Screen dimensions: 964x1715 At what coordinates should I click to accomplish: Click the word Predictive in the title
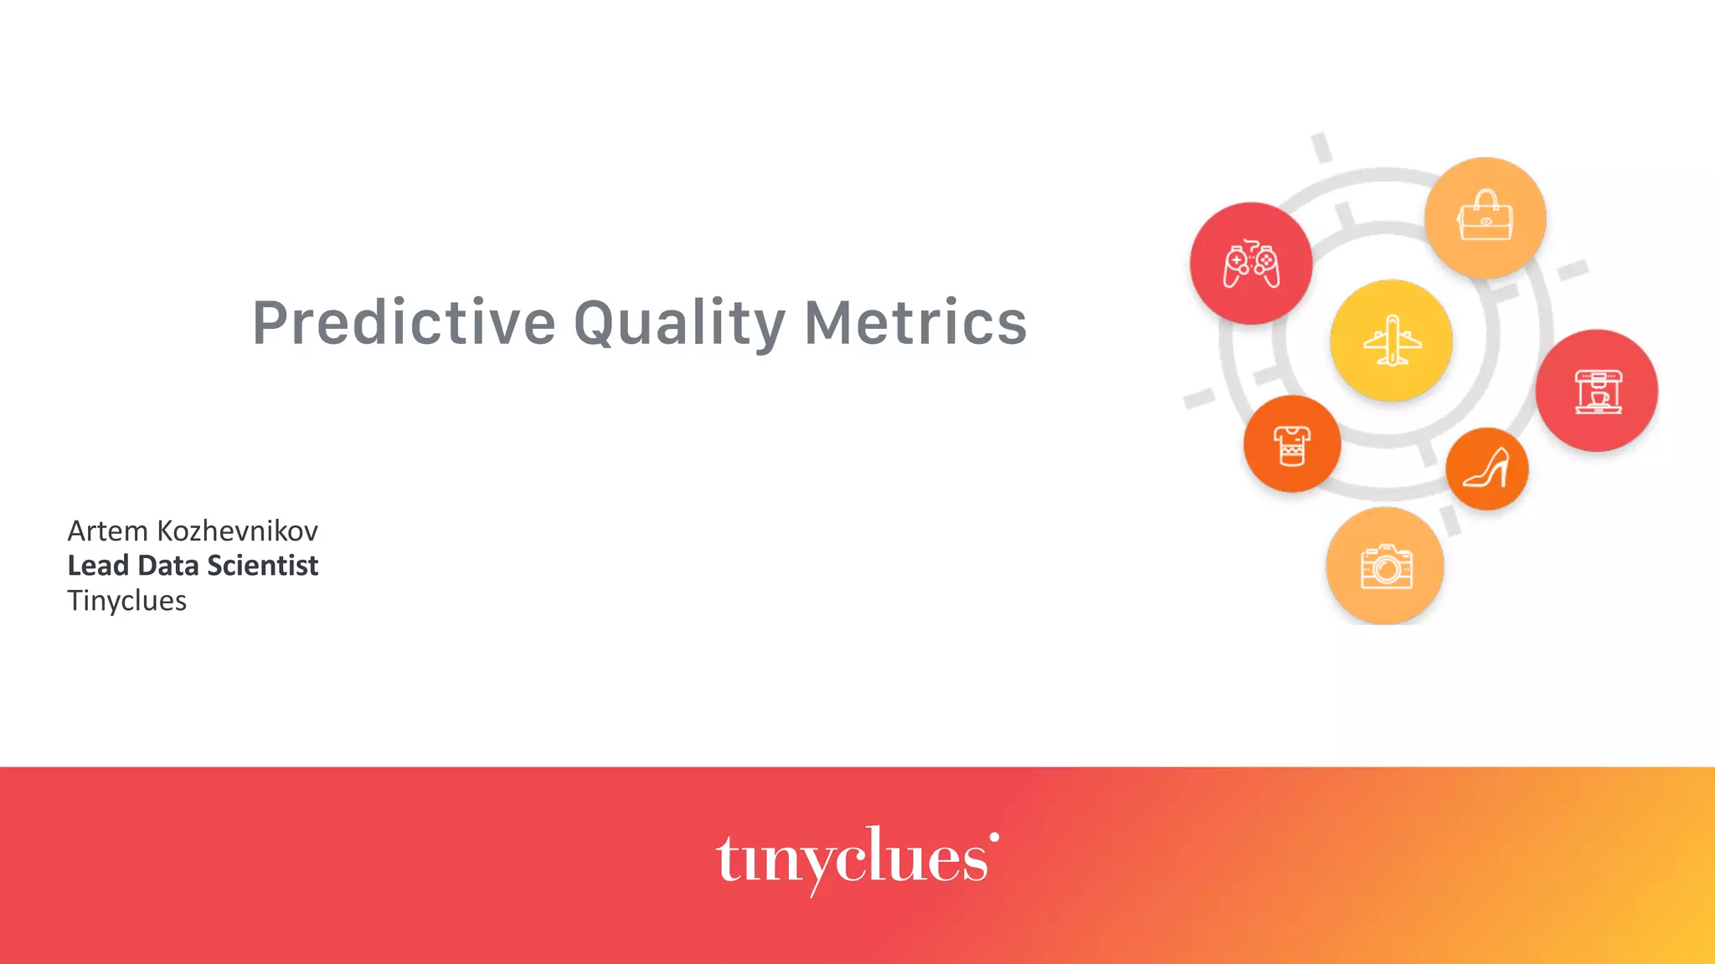click(x=404, y=323)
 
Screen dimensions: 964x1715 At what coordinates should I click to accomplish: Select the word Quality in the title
click(x=679, y=323)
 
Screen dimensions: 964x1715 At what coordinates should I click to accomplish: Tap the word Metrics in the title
click(x=915, y=323)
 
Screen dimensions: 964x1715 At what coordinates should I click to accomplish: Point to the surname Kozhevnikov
click(x=238, y=531)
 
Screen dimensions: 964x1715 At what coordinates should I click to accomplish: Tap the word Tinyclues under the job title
click(x=126, y=601)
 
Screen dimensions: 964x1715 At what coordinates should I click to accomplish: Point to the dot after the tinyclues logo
click(x=994, y=836)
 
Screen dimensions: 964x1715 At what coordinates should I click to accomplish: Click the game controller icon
click(x=1251, y=264)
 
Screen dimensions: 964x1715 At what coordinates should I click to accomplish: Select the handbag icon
click(x=1486, y=217)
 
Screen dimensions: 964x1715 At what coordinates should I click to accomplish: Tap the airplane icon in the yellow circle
click(x=1392, y=341)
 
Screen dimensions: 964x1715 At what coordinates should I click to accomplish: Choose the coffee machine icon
click(x=1598, y=392)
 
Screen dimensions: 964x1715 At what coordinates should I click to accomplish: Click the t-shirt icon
click(x=1292, y=444)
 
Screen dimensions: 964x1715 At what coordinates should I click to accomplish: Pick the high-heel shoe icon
click(x=1487, y=469)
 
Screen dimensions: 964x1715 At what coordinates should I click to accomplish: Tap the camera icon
click(x=1386, y=567)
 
